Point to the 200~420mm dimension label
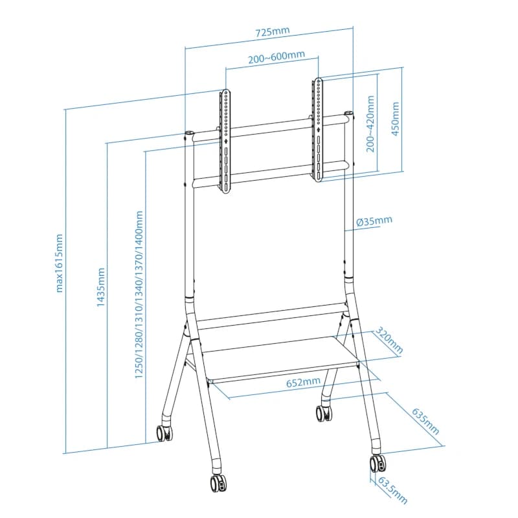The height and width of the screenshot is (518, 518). click(370, 124)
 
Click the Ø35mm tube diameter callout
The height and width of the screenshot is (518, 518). click(374, 221)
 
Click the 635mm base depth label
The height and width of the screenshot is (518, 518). click(425, 421)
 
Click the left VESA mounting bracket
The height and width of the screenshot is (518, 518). click(225, 141)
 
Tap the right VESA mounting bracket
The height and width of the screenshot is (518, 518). click(319, 129)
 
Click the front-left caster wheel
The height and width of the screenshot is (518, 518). click(217, 483)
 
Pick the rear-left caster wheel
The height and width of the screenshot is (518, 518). click(164, 433)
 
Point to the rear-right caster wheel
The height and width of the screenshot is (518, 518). click(322, 412)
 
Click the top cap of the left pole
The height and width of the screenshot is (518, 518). click(189, 135)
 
